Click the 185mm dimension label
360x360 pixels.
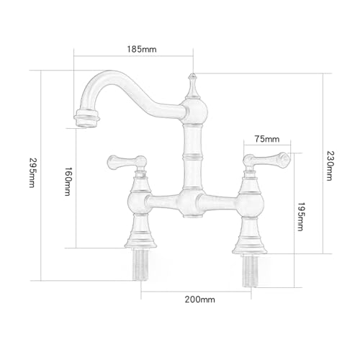click(142, 49)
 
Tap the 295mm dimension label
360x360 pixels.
click(32, 172)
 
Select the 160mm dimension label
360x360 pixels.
click(68, 181)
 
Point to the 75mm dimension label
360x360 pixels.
click(267, 139)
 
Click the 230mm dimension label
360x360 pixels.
click(329, 166)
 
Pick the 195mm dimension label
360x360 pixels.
click(300, 217)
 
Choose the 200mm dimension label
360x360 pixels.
click(199, 300)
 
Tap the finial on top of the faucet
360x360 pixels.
click(192, 86)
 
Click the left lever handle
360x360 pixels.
click(127, 162)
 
